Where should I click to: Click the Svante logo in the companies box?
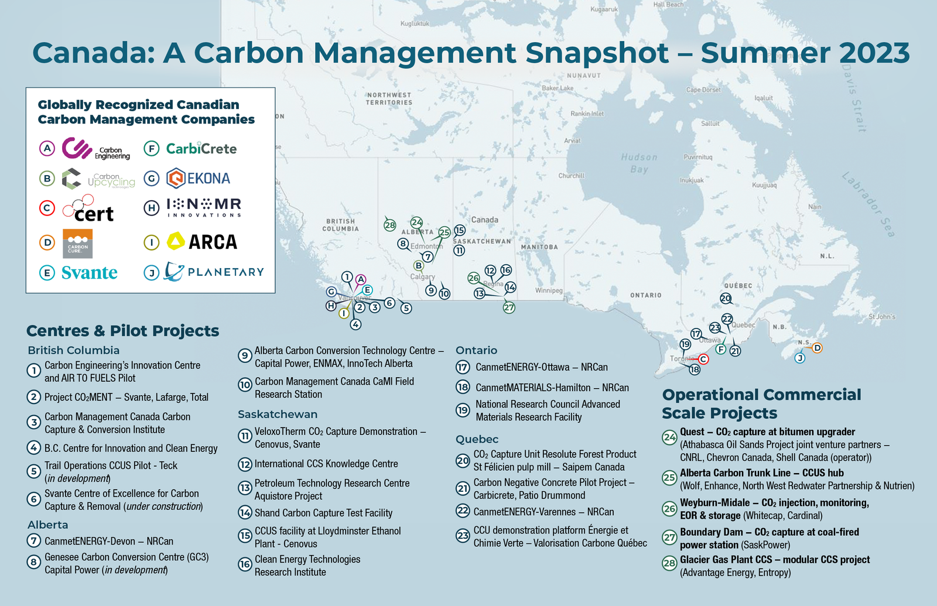point(89,273)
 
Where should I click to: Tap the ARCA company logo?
point(203,241)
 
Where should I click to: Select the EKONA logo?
point(199,178)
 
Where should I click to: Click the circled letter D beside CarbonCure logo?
point(47,242)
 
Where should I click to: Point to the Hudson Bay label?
point(640,163)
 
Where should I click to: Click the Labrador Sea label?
point(868,204)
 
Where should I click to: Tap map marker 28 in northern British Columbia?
point(389,225)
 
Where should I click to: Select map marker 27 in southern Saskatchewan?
point(509,307)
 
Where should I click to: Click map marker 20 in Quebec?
point(726,299)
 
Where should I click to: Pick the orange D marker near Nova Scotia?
point(817,348)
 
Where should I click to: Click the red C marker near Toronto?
point(703,359)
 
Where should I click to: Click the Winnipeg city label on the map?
point(549,290)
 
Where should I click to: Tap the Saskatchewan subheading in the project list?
point(278,414)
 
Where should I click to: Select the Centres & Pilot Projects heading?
point(123,331)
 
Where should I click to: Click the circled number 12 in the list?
point(245,464)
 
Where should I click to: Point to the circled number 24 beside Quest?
point(669,437)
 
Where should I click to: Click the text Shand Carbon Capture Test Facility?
point(323,513)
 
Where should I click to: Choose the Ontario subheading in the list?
point(476,350)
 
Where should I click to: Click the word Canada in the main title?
point(94,53)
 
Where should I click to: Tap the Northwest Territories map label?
point(389,98)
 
